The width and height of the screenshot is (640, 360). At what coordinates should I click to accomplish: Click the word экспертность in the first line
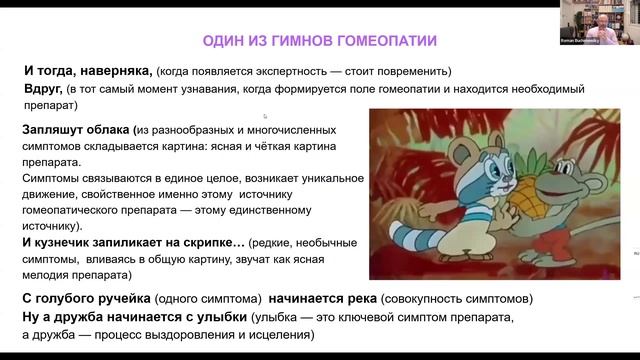281,71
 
